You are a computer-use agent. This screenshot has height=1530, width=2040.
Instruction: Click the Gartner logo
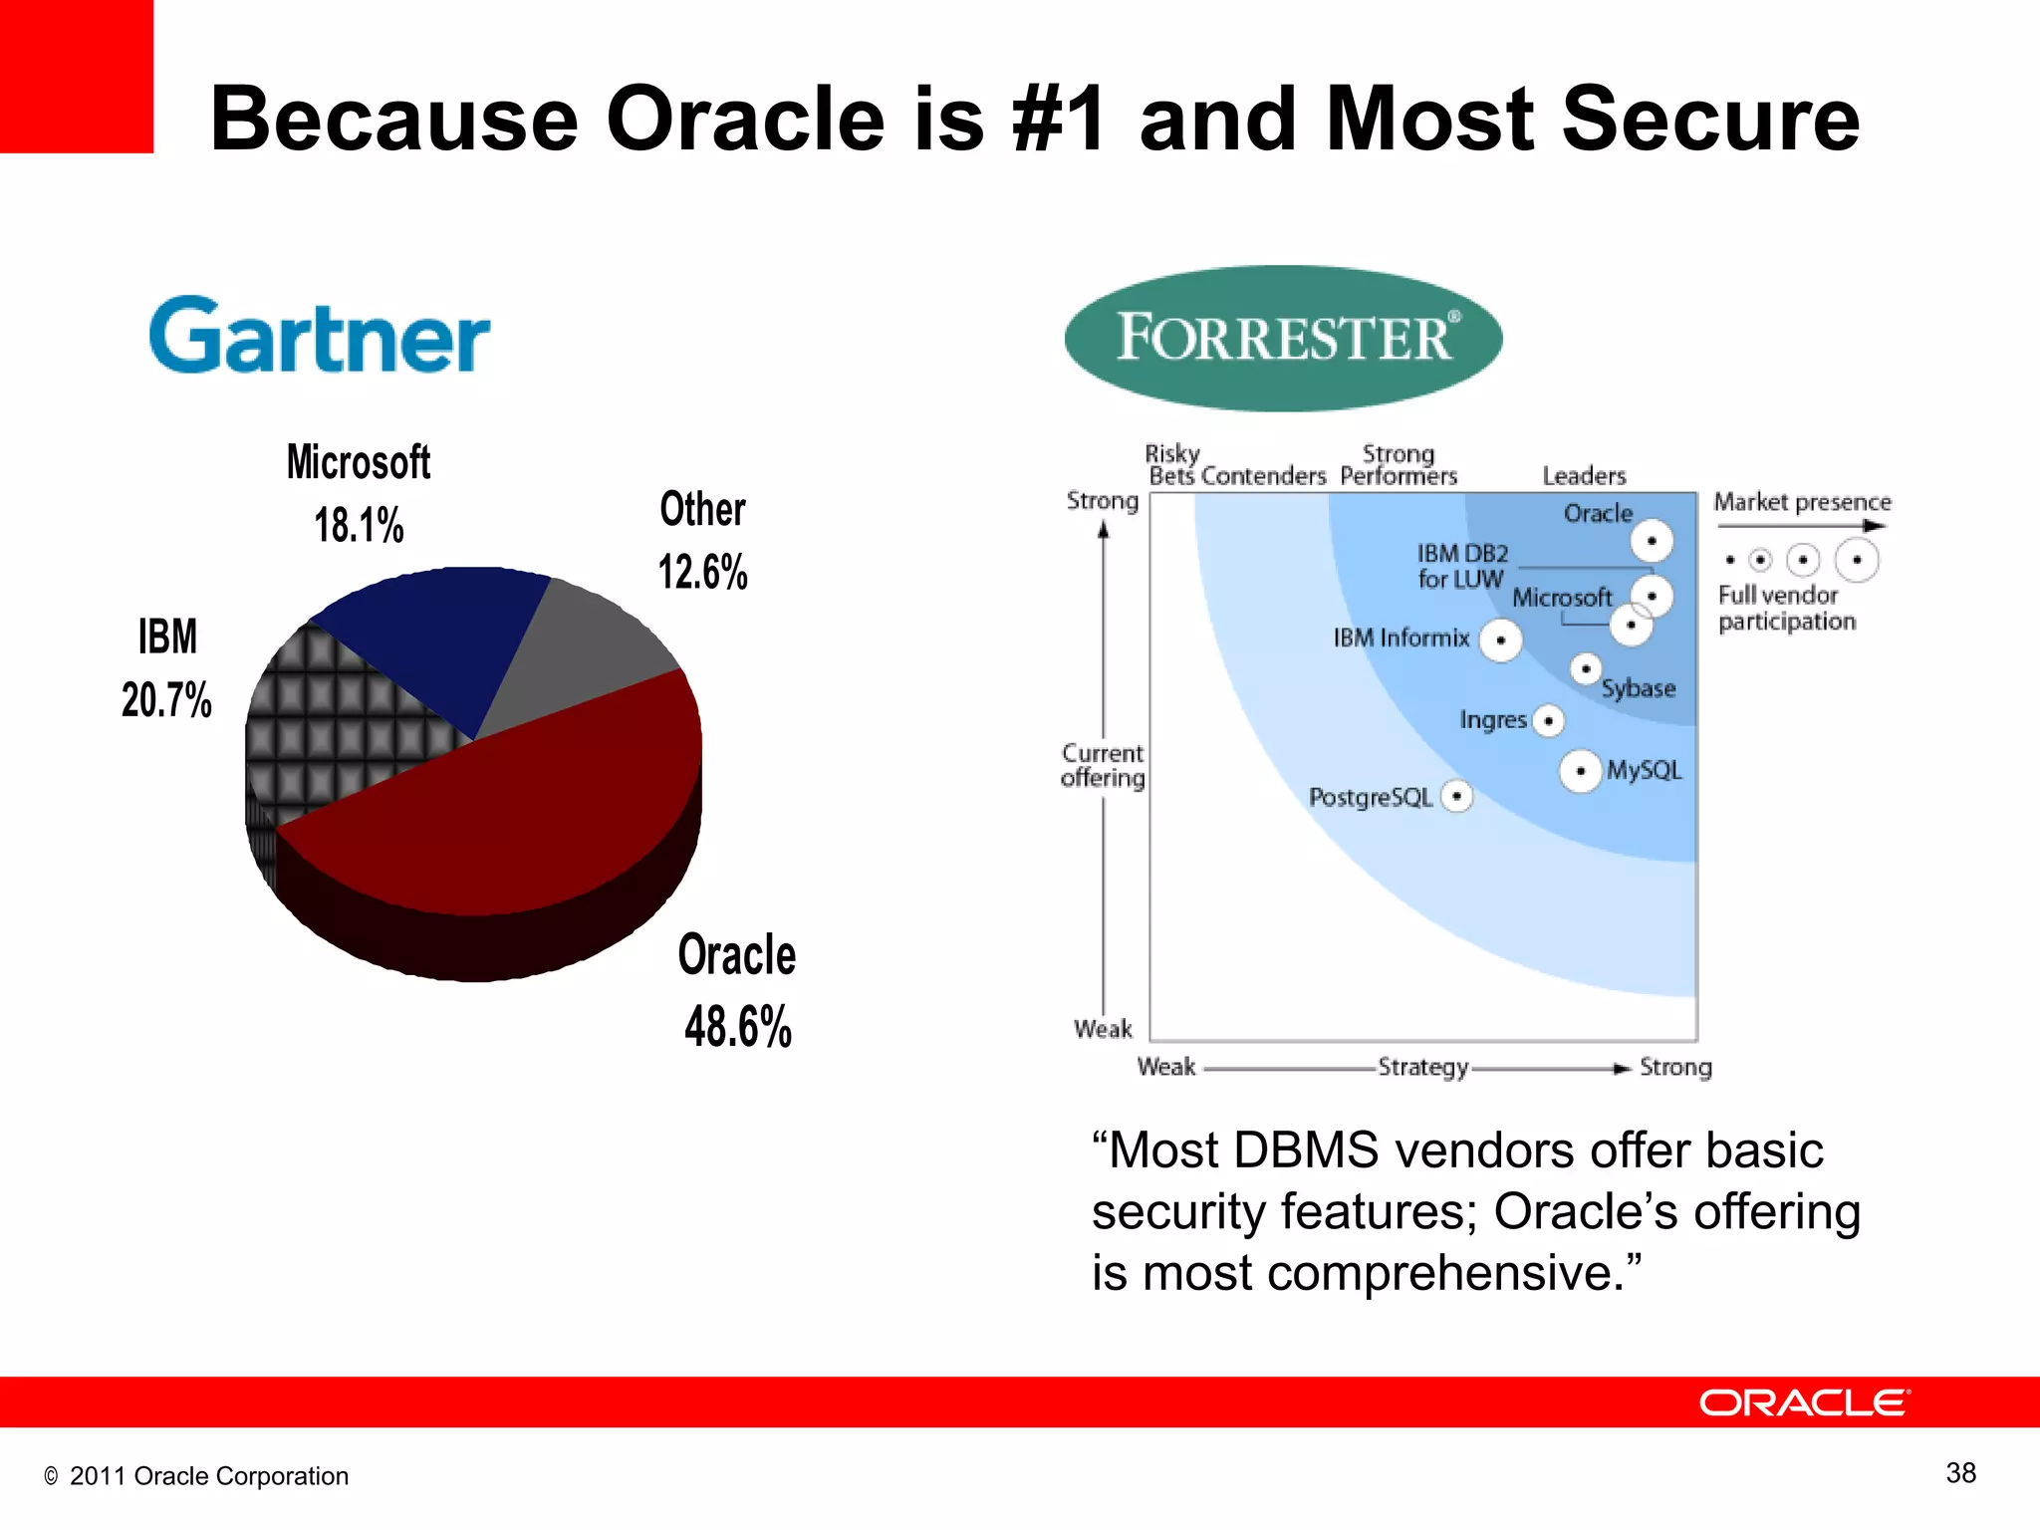pos(319,337)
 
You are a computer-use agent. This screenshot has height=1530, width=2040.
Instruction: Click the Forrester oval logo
pos(1283,338)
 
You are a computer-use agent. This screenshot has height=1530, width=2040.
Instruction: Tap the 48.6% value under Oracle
pos(738,1026)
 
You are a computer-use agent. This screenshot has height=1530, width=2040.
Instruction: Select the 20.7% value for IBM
pos(166,699)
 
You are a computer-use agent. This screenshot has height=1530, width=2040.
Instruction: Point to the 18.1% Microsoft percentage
pos(359,525)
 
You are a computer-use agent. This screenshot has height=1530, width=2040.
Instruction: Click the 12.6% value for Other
pos(702,572)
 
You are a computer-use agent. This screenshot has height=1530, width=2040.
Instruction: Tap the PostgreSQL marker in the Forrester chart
pos(1456,796)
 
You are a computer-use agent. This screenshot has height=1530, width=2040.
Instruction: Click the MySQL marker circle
pos(1580,771)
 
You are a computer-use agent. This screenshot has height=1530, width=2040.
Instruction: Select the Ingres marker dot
pos(1548,720)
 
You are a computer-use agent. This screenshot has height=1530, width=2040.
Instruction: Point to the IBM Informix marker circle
pos(1500,640)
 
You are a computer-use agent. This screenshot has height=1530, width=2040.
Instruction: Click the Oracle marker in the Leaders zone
pos(1651,541)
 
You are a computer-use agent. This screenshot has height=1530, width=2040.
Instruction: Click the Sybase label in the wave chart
pos(1638,688)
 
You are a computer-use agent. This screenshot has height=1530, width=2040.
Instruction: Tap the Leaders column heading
pos(1584,476)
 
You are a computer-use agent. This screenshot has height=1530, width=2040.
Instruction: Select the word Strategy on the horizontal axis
pos(1422,1068)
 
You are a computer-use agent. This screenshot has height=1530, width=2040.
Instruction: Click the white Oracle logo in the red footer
pos(1804,1402)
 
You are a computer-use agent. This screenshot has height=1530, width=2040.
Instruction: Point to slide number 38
pos(1960,1472)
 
